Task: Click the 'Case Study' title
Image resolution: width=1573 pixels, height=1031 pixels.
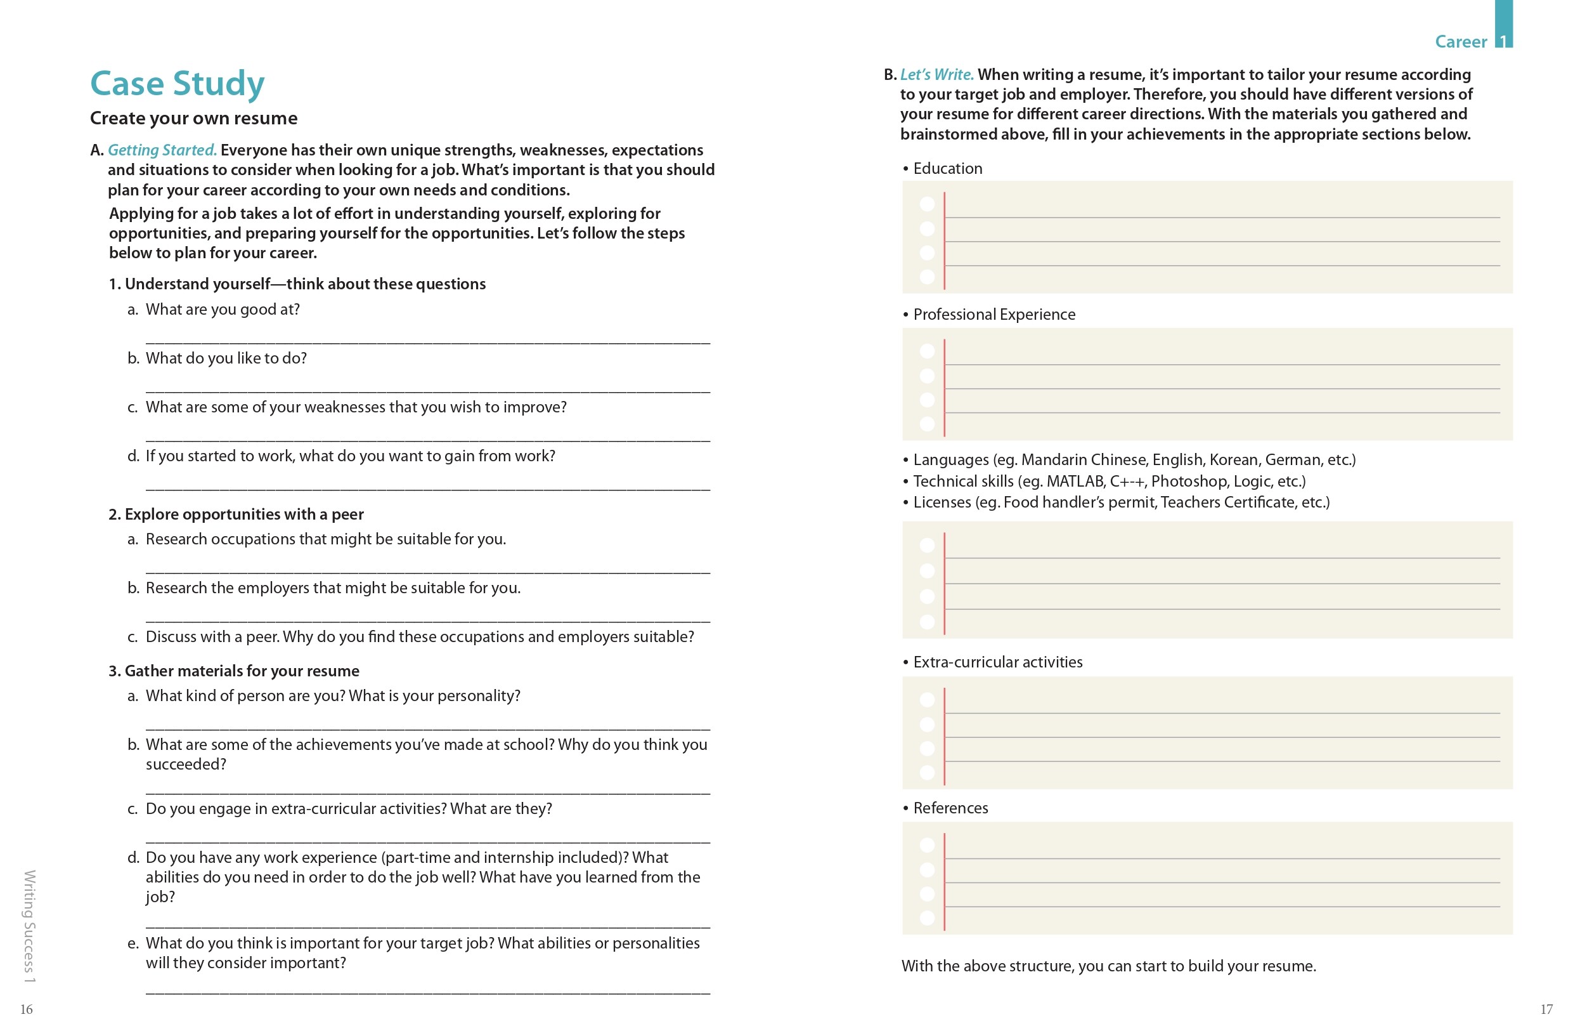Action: coord(177,84)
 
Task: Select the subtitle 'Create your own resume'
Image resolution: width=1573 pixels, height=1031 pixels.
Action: coord(193,119)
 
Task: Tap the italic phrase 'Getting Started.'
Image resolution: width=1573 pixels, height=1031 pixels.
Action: coord(162,150)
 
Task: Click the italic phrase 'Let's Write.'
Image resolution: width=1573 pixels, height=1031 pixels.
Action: coord(936,75)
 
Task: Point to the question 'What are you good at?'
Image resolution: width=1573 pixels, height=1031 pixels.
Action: coord(223,310)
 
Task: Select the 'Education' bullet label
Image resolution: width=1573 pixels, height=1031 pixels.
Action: coord(947,169)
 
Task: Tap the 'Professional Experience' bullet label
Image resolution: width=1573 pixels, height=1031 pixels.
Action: coord(994,315)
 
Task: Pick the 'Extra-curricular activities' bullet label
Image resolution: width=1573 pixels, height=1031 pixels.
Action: coord(997,662)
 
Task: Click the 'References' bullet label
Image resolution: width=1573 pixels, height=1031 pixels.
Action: coord(950,808)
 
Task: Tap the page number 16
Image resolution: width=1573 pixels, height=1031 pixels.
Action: coord(27,1009)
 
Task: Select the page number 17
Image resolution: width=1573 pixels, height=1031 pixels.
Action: coord(1546,1009)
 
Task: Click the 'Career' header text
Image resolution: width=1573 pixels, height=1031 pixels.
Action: coord(1461,43)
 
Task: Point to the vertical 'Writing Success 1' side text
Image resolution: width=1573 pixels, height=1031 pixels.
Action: coord(30,926)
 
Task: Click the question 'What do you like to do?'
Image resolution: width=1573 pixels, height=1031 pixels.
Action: coord(226,358)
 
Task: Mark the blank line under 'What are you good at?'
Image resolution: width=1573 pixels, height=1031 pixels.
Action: coord(427,341)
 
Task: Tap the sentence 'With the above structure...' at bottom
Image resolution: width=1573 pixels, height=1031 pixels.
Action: coord(1108,966)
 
